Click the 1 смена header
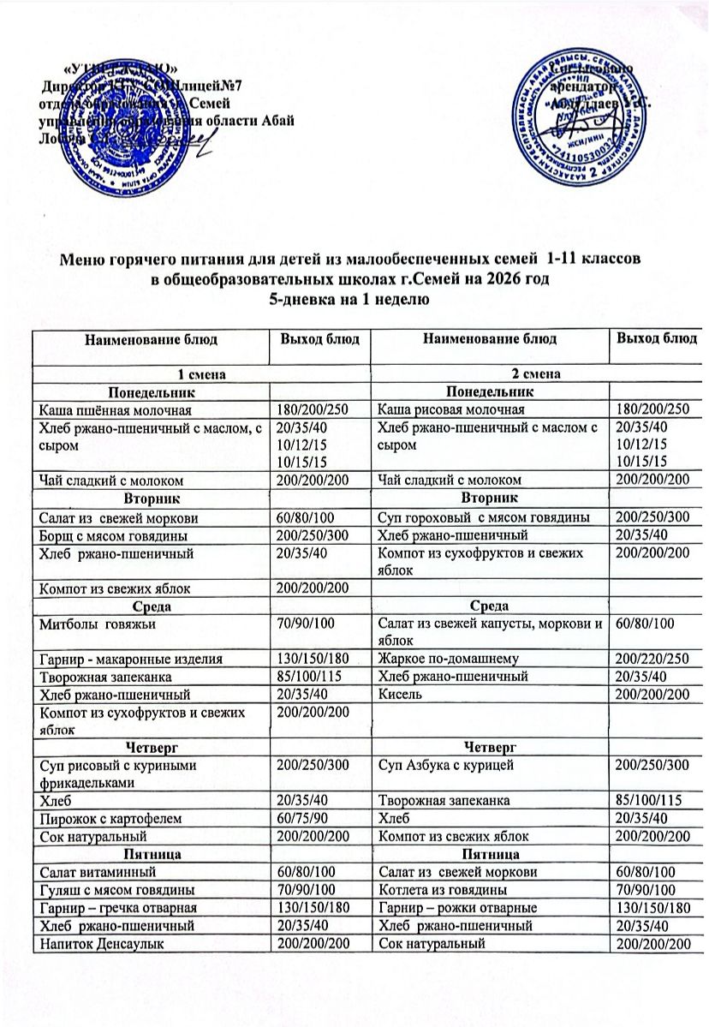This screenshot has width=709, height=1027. tap(194, 374)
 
